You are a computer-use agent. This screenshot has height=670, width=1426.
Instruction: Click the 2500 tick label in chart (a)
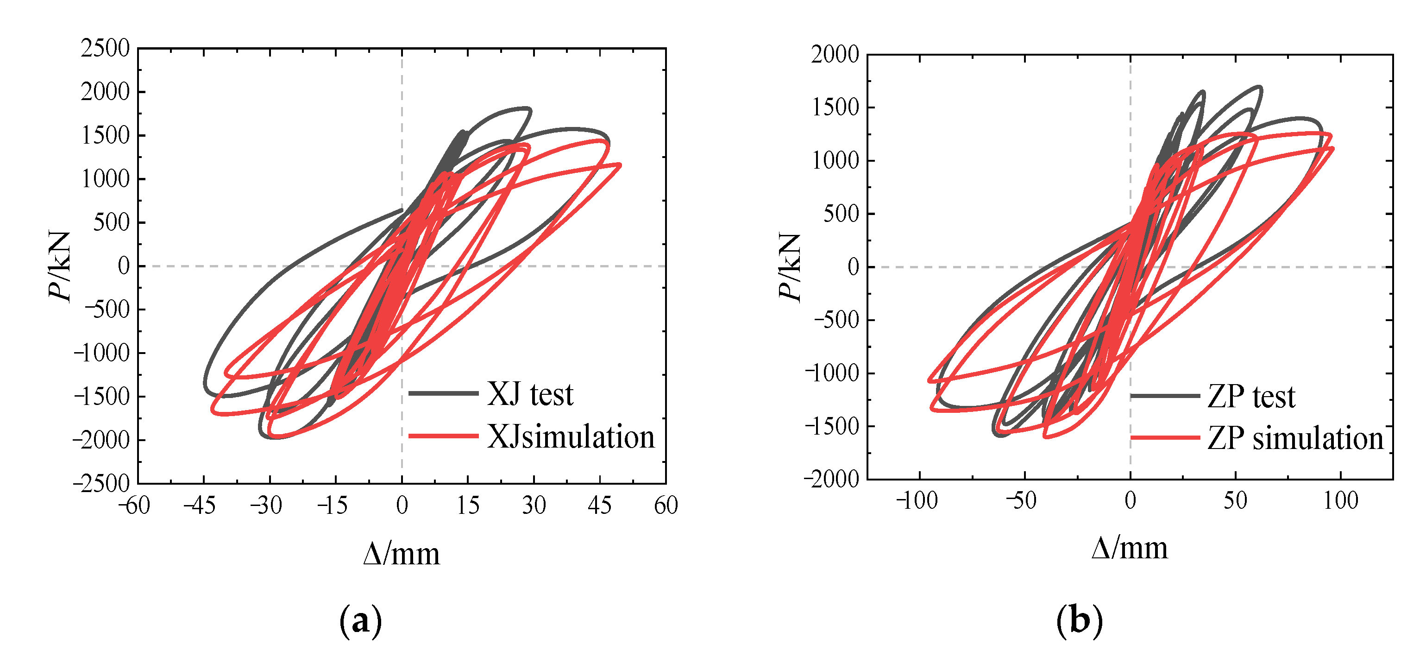105,48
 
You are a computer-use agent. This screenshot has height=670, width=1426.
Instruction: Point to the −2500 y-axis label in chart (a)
101,483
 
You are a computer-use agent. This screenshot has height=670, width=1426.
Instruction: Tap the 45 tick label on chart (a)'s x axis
599,505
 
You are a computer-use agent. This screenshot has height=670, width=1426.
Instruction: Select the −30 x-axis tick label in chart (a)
266,505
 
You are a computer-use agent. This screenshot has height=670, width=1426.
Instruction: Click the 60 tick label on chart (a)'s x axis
666,505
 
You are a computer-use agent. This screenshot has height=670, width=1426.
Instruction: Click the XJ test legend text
530,394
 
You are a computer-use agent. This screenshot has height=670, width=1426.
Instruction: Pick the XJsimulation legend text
571,437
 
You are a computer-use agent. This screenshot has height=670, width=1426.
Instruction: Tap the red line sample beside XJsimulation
443,436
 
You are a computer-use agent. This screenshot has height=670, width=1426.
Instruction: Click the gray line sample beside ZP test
1165,395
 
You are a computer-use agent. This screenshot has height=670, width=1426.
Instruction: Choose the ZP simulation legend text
1295,438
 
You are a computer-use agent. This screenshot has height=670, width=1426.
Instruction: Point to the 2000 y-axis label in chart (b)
835,54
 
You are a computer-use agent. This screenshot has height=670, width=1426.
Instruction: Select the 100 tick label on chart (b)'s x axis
1341,500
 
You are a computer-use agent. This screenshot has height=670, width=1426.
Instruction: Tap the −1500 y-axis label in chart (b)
832,426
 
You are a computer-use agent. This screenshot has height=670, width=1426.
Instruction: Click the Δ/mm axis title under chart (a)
402,554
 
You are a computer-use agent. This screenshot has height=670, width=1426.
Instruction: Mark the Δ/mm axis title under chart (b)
1130,549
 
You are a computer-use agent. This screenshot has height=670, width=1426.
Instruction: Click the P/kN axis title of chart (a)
60,266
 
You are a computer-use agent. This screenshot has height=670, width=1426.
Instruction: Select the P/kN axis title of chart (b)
789,266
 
